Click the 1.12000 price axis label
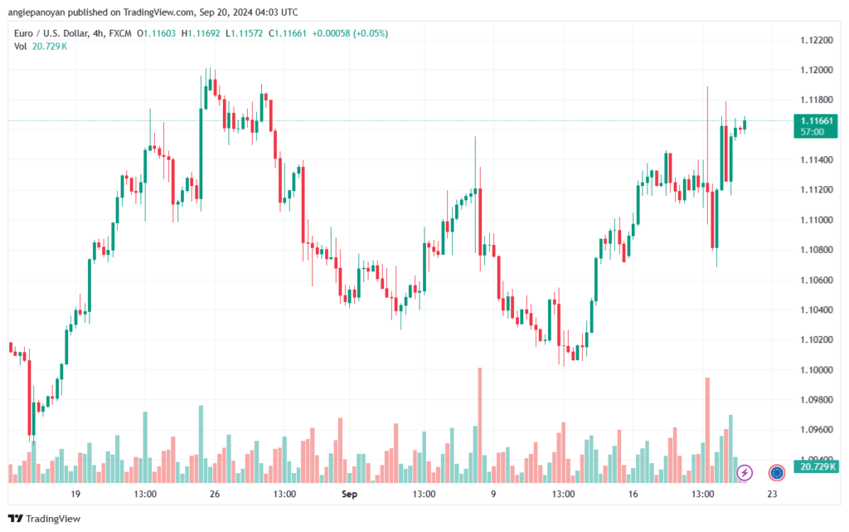tap(817, 70)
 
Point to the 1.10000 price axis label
tap(817, 370)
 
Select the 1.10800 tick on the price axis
tap(817, 250)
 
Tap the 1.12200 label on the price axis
tap(817, 40)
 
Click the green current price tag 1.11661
tap(816, 125)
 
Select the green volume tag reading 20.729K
tap(816, 466)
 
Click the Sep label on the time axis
tap(349, 494)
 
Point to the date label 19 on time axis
tap(75, 494)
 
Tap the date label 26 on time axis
tap(215, 494)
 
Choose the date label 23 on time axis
tap(772, 494)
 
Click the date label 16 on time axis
tap(633, 494)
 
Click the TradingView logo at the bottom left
tap(45, 519)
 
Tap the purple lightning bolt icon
tap(745, 472)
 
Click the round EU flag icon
tap(777, 472)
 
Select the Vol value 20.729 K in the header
tap(49, 46)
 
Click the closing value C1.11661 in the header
tap(288, 33)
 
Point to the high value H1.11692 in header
tap(201, 33)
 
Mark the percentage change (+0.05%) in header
tap(371, 33)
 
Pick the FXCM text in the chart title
tap(120, 33)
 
